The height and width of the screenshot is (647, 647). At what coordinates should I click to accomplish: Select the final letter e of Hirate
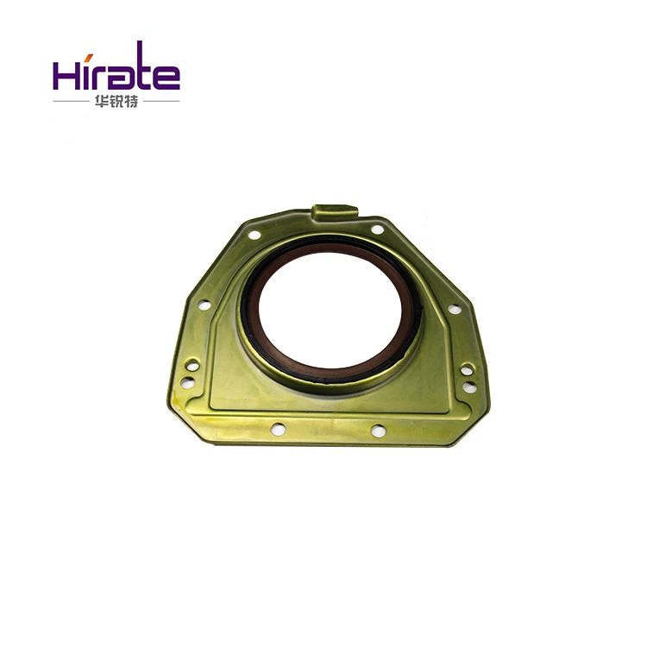[x=166, y=78]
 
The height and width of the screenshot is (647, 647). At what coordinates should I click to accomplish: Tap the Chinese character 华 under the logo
[x=103, y=104]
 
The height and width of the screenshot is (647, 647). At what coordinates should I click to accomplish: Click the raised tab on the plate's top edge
[x=335, y=210]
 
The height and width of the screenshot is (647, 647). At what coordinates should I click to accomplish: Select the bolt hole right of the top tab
[x=377, y=229]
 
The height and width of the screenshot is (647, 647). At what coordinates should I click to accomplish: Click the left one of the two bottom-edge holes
[x=276, y=428]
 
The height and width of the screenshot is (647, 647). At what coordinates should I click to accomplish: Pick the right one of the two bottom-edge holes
[x=378, y=430]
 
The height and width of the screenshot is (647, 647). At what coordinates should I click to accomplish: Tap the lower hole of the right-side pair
[x=468, y=387]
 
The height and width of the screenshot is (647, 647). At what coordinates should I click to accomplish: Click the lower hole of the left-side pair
[x=187, y=380]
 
